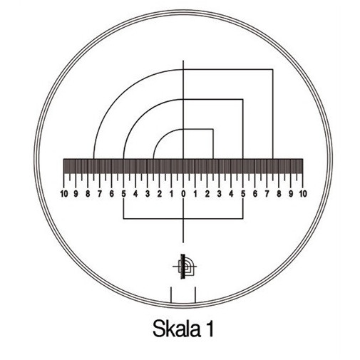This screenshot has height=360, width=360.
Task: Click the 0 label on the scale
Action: pyautogui.click(x=183, y=194)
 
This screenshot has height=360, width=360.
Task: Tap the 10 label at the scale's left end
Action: pyautogui.click(x=64, y=194)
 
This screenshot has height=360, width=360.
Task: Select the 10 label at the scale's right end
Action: pyautogui.click(x=303, y=194)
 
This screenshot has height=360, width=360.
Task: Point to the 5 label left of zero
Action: pyautogui.click(x=123, y=194)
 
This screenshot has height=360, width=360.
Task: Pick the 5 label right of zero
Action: pyautogui.click(x=243, y=194)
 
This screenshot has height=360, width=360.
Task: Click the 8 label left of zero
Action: pyautogui.click(x=88, y=194)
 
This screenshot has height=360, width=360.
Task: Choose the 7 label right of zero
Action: pyautogui.click(x=267, y=194)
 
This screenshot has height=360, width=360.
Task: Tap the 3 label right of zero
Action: pyautogui.click(x=219, y=194)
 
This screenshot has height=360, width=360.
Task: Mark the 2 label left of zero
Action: pyautogui.click(x=160, y=194)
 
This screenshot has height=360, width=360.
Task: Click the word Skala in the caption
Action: pyautogui.click(x=176, y=329)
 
